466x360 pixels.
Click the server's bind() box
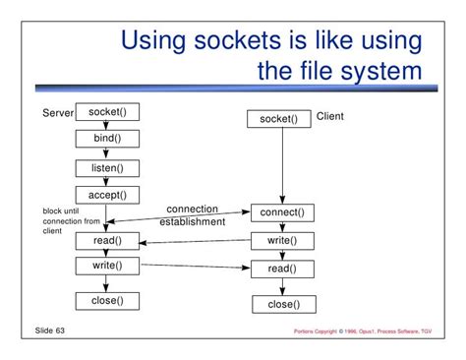coord(107,139)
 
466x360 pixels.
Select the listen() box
coord(107,168)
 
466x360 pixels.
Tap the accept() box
coord(107,195)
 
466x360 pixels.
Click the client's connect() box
coord(282,212)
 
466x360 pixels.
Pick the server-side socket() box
coord(107,112)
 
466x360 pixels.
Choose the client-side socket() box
coord(279,119)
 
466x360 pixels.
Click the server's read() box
coord(107,241)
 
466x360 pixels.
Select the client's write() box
coord(282,241)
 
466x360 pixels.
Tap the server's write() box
coord(107,266)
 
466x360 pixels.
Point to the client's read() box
coord(282,270)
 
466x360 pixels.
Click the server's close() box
coord(107,301)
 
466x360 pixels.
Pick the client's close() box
coord(284,304)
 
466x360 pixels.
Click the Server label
coord(58,113)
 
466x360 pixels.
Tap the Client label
coord(330,116)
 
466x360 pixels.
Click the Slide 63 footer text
coord(50,330)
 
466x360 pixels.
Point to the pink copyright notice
coord(363,331)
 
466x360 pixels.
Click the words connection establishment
coord(193,215)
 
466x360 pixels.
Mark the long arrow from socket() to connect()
coord(282,165)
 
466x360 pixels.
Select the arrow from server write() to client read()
coord(196,267)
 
